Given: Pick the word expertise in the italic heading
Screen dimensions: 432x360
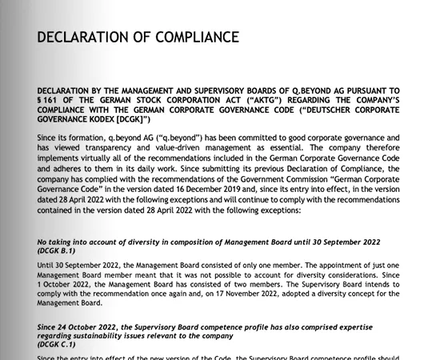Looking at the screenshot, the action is click(x=376, y=326).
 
